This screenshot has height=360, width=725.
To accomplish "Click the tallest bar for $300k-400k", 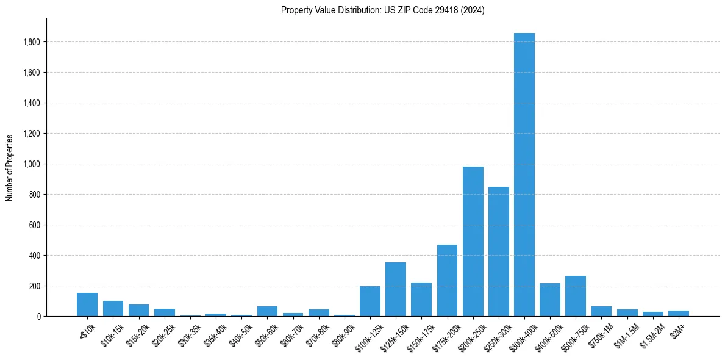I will [x=524, y=175].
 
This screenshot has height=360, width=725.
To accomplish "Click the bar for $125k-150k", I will [x=396, y=289].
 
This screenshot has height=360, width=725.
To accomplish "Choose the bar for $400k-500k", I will [x=549, y=300].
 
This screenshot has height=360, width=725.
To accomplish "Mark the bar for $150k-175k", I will [x=421, y=300].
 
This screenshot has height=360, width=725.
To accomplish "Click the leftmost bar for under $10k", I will [x=87, y=304].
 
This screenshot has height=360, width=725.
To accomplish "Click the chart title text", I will [x=382, y=10].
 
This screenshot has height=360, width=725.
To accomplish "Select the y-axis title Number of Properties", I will [x=10, y=167].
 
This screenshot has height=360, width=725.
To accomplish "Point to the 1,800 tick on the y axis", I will [x=32, y=42].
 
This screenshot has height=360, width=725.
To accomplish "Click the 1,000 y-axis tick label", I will [x=32, y=164].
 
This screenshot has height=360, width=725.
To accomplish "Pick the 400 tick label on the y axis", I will [x=35, y=256].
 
